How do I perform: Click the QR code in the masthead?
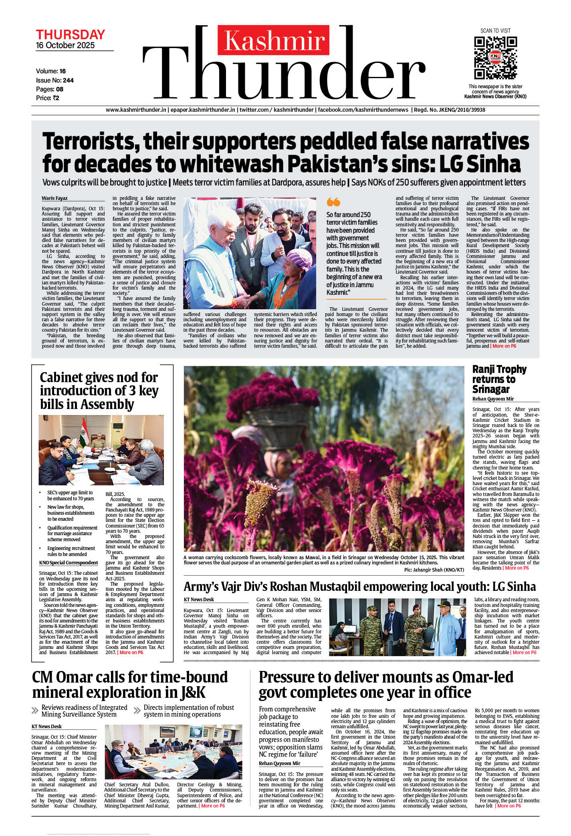coord(495,58)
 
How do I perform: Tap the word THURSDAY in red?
coord(71,34)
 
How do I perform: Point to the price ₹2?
coord(56,98)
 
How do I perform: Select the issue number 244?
coord(69,81)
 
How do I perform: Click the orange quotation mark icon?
coord(333,202)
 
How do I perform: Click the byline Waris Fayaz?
coord(54,198)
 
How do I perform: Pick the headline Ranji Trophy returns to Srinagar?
coord(499,379)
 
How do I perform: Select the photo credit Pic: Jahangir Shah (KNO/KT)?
coord(434,570)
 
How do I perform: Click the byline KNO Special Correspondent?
coord(69,563)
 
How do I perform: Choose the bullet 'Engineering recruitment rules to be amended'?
coord(71,551)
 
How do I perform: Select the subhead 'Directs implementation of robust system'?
coord(188,711)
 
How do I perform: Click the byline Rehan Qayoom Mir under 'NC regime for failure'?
coord(279,763)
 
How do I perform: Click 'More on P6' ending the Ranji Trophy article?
coord(517,568)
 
